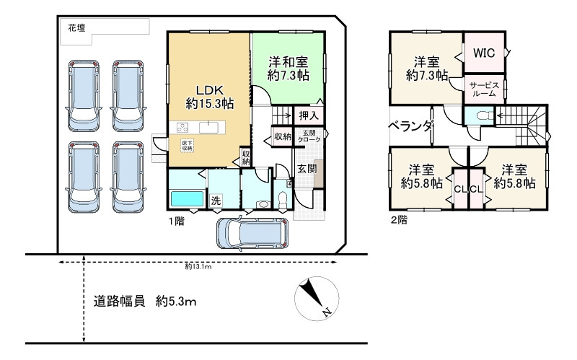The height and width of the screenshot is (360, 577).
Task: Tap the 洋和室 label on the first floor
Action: point(288,67)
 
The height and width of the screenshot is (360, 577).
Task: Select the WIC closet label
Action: point(483,53)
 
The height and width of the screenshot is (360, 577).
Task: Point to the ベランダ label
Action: point(411,126)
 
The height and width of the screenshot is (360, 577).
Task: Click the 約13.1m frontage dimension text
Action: point(198,266)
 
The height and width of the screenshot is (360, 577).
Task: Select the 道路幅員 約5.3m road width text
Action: point(145,301)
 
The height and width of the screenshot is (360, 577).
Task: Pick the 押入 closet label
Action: point(307,115)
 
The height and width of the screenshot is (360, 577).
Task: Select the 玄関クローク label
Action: point(308,135)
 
